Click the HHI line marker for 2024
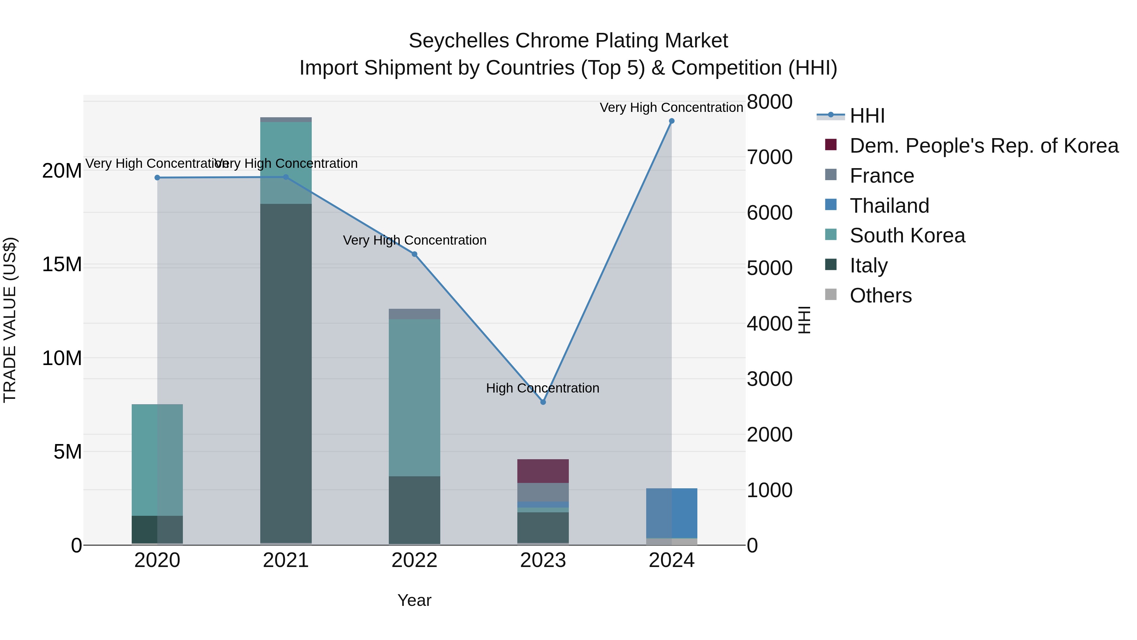(671, 121)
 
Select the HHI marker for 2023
(543, 402)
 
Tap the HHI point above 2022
(414, 254)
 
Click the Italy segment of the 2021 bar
(286, 373)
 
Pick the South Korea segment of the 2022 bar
(414, 398)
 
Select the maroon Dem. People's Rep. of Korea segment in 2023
(543, 471)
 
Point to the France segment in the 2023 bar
(543, 492)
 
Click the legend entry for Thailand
(889, 206)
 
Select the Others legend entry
(880, 296)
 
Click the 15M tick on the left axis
(62, 265)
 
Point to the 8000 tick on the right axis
(769, 102)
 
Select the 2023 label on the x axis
(543, 560)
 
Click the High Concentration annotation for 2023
(543, 388)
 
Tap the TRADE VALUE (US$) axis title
(10, 320)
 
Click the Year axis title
(414, 600)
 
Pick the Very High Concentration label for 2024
(671, 107)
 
